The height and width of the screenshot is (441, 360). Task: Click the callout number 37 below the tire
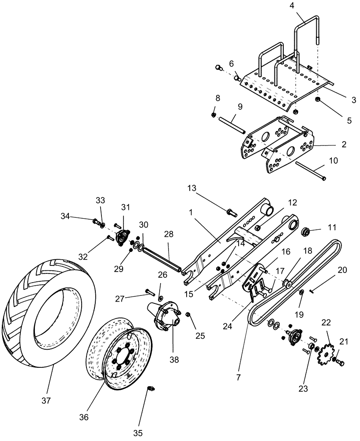point(46,401)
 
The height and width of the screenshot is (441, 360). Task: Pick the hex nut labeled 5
point(317,102)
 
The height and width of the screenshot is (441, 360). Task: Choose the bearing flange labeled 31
point(122,236)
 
